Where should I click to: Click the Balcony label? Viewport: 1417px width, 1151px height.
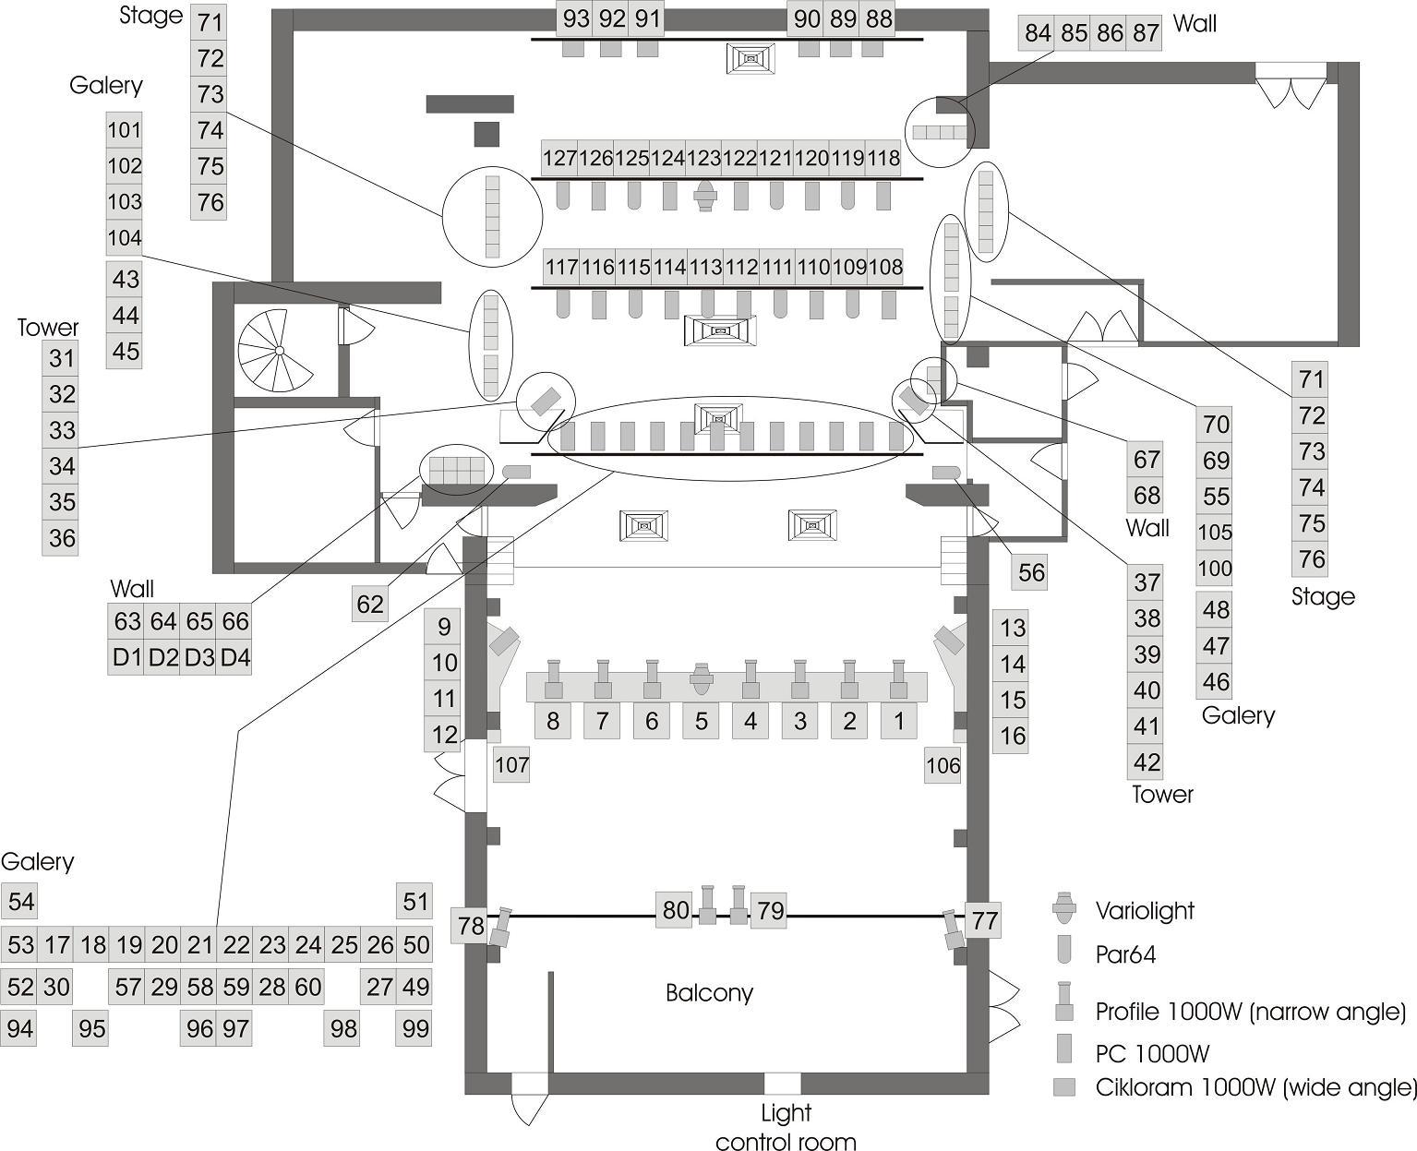[709, 993]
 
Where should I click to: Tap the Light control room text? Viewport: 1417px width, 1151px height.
[786, 1127]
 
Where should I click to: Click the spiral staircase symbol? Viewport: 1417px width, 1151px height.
[276, 351]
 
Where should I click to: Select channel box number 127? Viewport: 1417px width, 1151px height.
[559, 159]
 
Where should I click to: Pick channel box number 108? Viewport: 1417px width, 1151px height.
[885, 268]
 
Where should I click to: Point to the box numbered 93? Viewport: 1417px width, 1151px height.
[576, 18]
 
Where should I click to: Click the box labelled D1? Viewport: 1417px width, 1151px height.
[126, 658]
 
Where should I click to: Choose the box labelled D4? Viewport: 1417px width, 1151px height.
[235, 658]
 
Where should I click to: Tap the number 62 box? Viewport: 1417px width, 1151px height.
[370, 605]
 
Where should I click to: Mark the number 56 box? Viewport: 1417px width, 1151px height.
[1030, 573]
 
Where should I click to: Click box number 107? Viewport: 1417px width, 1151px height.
[511, 765]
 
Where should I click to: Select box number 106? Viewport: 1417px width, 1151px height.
[943, 765]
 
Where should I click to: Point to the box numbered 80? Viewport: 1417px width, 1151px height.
[675, 911]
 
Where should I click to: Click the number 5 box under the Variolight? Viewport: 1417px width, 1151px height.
[701, 721]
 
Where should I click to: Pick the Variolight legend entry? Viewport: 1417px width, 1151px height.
[1145, 911]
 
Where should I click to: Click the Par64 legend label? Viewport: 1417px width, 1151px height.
[1125, 954]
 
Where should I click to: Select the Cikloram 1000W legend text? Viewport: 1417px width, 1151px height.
[1256, 1087]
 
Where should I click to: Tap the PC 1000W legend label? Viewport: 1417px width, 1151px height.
[1152, 1053]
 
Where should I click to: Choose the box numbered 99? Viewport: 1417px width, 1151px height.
[415, 1028]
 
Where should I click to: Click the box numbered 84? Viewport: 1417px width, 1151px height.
[1038, 33]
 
